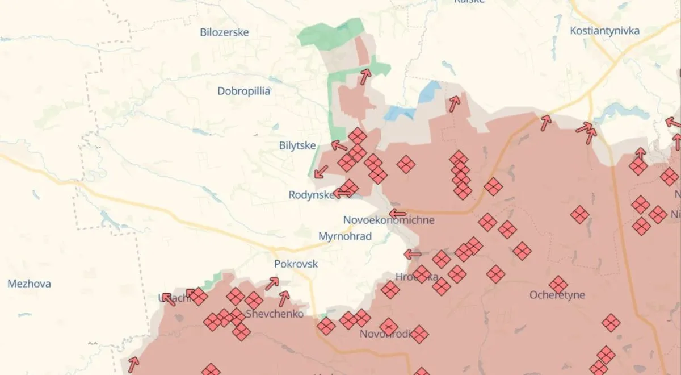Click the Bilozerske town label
[225, 32]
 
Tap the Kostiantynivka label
[604, 31]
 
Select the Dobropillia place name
[244, 91]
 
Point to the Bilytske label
[297, 146]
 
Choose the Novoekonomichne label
[389, 220]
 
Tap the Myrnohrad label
[345, 236]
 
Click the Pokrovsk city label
[296, 264]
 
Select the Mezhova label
[29, 284]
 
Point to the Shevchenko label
[275, 314]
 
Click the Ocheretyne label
[557, 295]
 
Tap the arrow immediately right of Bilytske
[339, 145]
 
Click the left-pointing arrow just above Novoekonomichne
[397, 214]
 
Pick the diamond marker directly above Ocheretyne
[558, 285]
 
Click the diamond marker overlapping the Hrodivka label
[422, 274]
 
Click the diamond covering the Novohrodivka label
[389, 327]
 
